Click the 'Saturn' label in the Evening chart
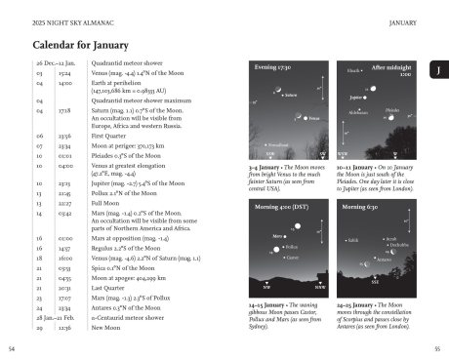tap(290, 95)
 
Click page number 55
tap(438, 347)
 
